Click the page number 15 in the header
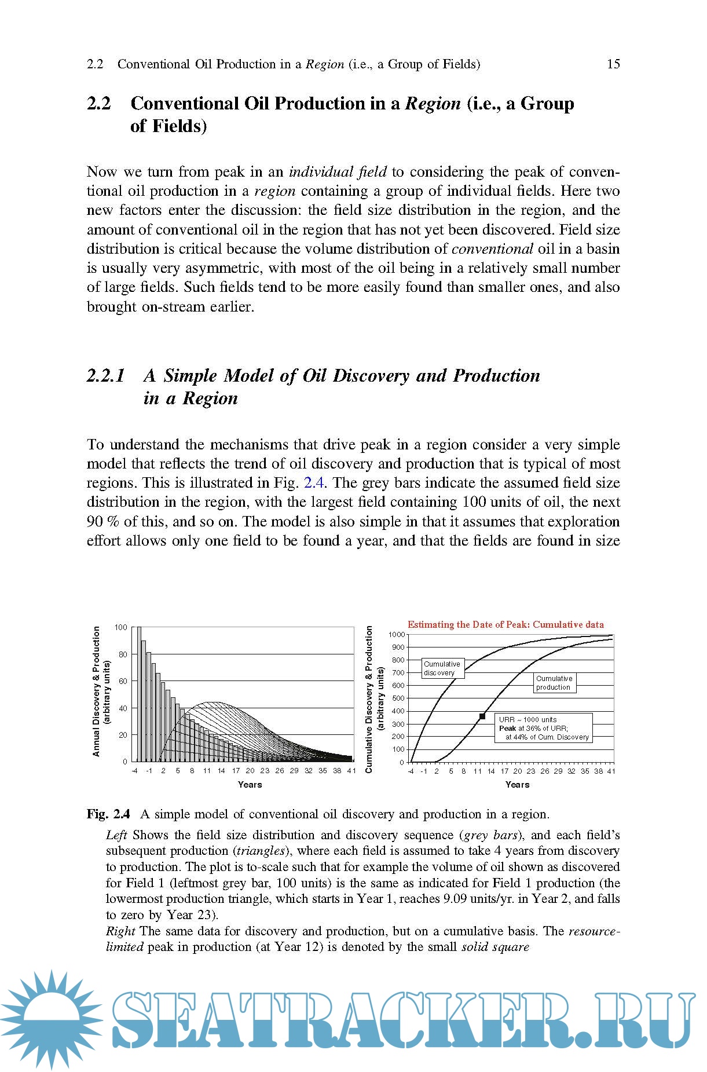point(613,64)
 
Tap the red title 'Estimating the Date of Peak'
point(505,624)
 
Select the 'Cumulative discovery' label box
point(442,668)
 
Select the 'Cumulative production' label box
point(554,683)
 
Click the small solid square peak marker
point(482,716)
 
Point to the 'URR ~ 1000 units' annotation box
point(543,728)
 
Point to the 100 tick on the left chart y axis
point(120,627)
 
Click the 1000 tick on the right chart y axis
point(396,635)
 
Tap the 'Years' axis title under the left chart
point(250,785)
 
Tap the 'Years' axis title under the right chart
point(517,785)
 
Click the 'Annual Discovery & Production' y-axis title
point(97,692)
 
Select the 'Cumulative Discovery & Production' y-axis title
point(369,699)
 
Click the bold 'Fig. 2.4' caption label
point(108,814)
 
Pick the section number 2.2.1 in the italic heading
point(106,376)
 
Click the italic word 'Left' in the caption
point(116,835)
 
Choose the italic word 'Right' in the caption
point(120,931)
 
